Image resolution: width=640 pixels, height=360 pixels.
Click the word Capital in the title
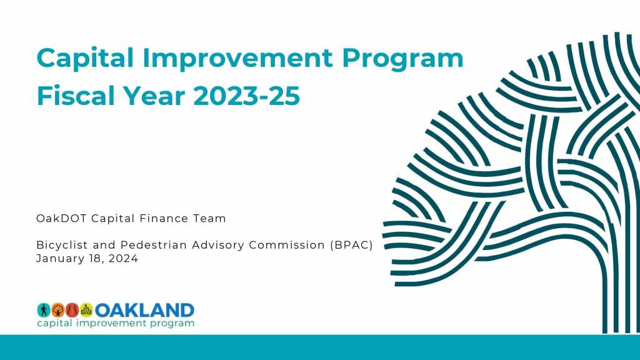click(x=85, y=58)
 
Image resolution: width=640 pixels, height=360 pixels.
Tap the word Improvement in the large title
click(x=237, y=58)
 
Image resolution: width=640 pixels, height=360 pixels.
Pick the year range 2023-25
click(x=247, y=96)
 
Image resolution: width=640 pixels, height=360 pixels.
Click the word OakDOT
click(x=61, y=218)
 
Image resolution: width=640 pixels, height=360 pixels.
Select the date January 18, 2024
click(x=87, y=258)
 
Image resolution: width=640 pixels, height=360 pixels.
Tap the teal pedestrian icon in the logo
click(x=44, y=310)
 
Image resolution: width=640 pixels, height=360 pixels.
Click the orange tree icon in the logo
click(x=58, y=310)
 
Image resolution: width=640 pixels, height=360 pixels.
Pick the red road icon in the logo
click(x=72, y=310)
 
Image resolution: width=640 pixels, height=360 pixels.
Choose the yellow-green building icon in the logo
click(x=86, y=310)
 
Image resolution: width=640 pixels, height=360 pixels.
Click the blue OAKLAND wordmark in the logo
click(x=144, y=310)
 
